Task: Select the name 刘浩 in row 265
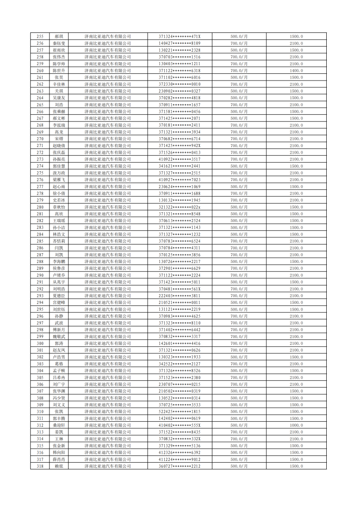point(58,105)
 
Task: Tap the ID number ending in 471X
point(180,36)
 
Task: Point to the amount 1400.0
point(296,71)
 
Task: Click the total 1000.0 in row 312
point(296,425)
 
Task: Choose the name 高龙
point(58,132)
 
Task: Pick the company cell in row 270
point(108,139)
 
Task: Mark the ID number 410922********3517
point(180,159)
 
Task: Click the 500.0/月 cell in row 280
point(239,207)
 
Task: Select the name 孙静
point(58,316)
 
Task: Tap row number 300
point(40,344)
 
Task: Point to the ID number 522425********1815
point(180,412)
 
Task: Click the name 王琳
point(58,439)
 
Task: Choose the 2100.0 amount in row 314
point(296,439)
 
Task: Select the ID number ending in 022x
point(180,207)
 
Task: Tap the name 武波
point(58,323)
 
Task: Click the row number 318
point(40,466)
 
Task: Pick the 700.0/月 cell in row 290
point(239,275)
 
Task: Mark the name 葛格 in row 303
point(58,364)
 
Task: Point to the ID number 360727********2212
point(180,466)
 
